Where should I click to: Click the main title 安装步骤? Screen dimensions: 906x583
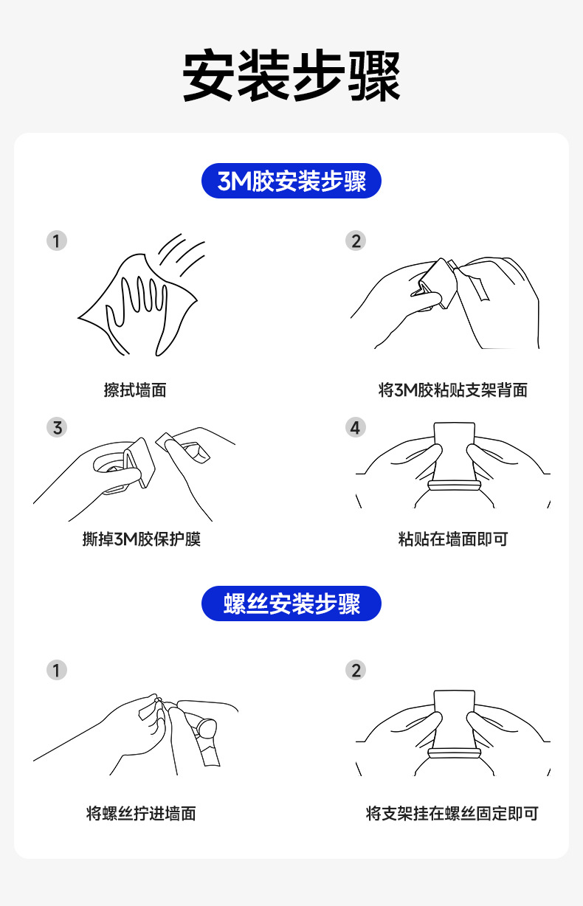click(x=291, y=76)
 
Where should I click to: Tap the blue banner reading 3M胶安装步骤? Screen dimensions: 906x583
click(x=291, y=181)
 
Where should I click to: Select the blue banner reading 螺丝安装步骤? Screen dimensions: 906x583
click(x=291, y=604)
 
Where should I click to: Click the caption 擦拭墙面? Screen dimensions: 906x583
click(x=135, y=390)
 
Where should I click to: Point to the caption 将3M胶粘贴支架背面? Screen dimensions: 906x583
click(x=452, y=390)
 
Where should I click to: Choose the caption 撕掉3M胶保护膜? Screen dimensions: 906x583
click(x=141, y=539)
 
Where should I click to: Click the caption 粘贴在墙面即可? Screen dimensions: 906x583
click(x=452, y=539)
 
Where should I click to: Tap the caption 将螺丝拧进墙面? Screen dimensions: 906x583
click(x=141, y=814)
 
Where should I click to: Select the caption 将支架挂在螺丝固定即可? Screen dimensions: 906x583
click(x=452, y=814)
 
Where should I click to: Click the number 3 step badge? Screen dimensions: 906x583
click(x=57, y=427)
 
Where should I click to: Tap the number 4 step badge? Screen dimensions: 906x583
click(x=356, y=427)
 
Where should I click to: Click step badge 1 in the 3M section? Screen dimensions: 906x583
click(x=57, y=241)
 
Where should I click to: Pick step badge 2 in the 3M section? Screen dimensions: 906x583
click(x=356, y=241)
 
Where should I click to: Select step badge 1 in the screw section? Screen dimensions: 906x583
click(x=57, y=670)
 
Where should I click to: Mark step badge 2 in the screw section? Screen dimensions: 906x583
click(x=356, y=670)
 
